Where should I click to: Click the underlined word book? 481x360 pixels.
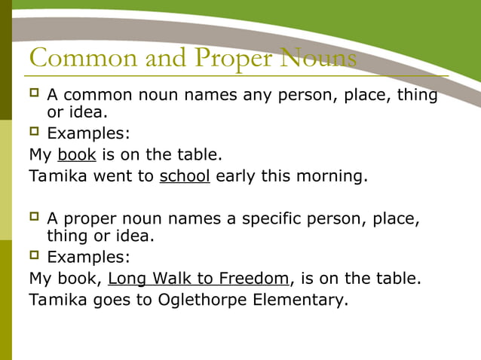(x=76, y=155)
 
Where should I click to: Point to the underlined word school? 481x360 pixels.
(x=185, y=176)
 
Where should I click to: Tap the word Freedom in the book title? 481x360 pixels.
(x=251, y=279)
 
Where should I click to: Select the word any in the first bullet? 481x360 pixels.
(x=259, y=96)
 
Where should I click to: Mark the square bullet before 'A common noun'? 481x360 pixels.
(x=33, y=94)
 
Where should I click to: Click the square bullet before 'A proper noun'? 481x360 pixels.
(x=33, y=217)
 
